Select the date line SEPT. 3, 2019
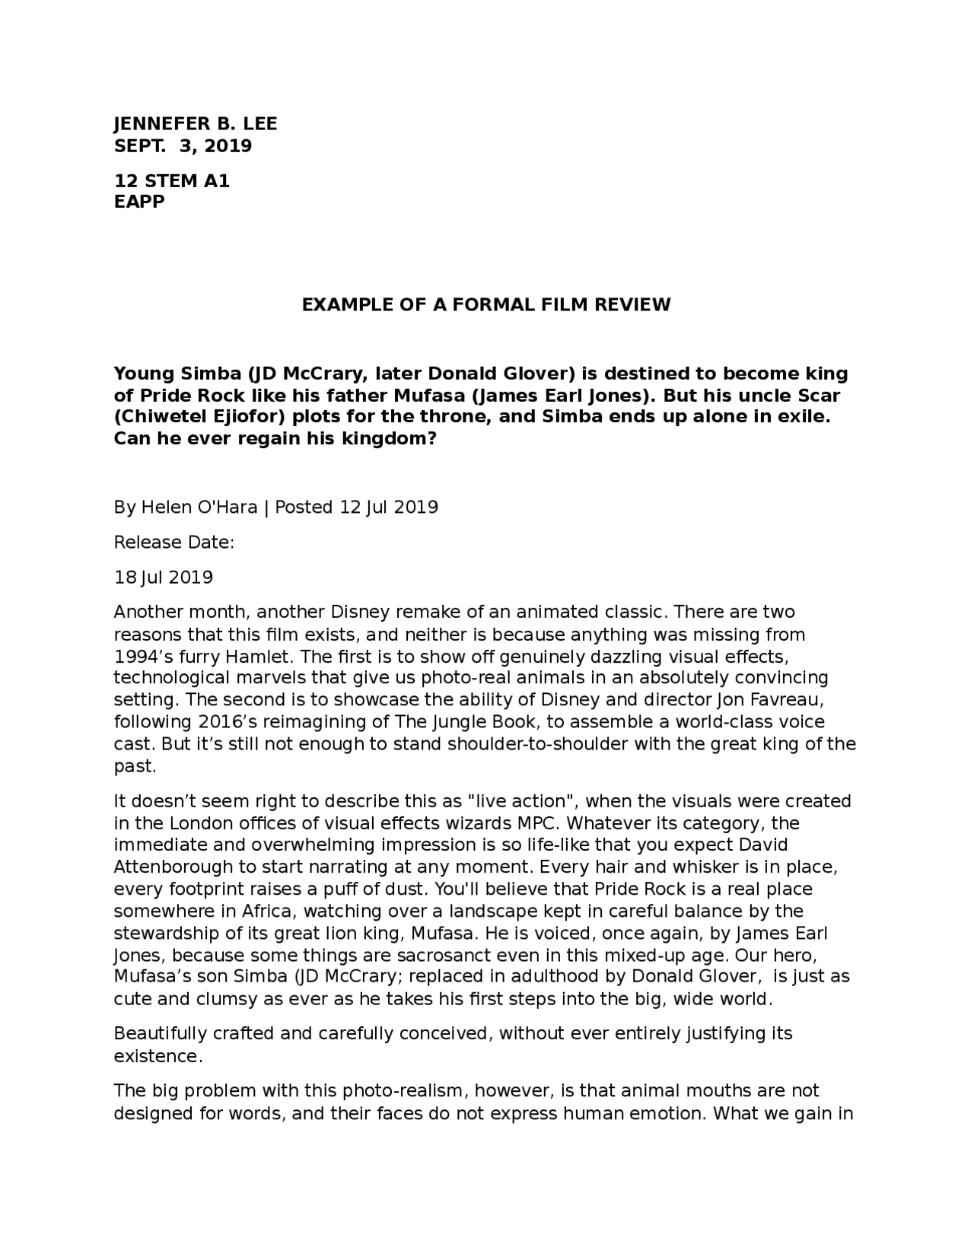[183, 145]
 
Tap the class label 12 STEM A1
[171, 181]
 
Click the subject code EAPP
[138, 202]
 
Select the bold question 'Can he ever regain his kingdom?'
[275, 439]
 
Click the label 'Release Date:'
[173, 542]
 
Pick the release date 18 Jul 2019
[163, 577]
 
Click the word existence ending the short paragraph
[157, 1056]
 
